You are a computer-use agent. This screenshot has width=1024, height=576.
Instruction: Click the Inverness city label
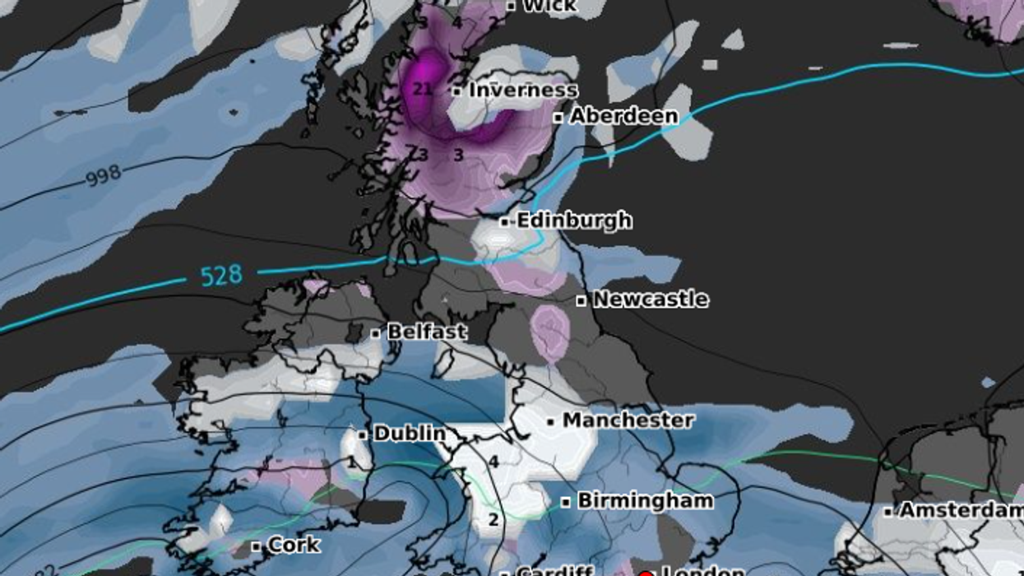tap(523, 90)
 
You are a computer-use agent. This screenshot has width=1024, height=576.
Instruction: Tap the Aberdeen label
tap(623, 116)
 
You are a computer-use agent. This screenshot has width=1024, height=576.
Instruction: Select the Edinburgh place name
tap(574, 221)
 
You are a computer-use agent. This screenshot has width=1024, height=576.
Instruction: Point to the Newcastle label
tap(650, 299)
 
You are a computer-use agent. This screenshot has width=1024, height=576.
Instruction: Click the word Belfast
tap(427, 332)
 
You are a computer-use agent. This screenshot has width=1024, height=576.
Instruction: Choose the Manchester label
tap(628, 420)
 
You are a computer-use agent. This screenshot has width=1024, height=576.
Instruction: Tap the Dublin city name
tap(410, 434)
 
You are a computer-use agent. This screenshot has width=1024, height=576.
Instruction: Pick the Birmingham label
tap(646, 500)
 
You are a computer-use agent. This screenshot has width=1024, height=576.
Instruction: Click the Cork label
tap(294, 545)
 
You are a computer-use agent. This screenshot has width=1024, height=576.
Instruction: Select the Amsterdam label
tap(961, 510)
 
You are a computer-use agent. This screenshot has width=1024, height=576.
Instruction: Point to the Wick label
tap(550, 6)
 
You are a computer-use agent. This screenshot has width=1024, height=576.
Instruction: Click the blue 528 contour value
tap(221, 276)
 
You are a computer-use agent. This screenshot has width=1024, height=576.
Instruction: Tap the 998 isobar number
tap(103, 175)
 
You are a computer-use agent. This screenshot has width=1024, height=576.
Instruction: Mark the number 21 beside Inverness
tap(423, 89)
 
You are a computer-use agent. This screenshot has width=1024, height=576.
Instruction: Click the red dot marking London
tap(646, 574)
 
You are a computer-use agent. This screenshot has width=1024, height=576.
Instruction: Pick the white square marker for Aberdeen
tap(558, 118)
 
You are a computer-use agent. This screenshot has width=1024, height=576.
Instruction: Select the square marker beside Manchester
tap(551, 422)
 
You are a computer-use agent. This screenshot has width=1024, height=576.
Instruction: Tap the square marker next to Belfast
tap(376, 333)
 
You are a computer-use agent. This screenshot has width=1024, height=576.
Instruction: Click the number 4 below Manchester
tap(493, 462)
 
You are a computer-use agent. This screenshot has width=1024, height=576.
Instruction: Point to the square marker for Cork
tap(257, 546)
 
